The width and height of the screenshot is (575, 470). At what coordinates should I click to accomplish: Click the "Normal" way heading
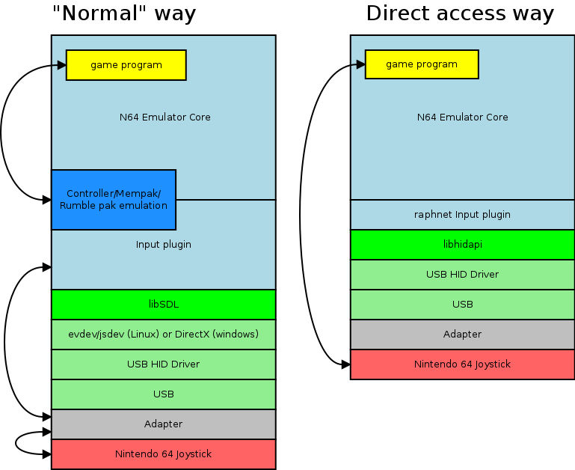(124, 13)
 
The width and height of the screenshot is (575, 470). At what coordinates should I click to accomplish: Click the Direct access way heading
(460, 13)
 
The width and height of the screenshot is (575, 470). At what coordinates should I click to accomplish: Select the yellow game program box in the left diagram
(126, 65)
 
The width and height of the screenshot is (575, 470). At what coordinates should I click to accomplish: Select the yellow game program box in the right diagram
(422, 64)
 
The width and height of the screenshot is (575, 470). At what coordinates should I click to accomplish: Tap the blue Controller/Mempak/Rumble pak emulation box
(114, 199)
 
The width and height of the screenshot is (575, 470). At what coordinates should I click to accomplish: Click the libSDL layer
(163, 305)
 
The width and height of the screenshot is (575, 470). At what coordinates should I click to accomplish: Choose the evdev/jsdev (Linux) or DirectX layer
(163, 334)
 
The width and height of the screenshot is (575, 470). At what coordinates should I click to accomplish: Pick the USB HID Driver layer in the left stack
(163, 364)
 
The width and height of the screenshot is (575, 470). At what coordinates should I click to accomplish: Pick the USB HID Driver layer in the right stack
(462, 274)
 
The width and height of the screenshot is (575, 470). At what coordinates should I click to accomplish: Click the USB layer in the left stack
(163, 394)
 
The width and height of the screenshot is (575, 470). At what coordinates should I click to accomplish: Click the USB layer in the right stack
(462, 304)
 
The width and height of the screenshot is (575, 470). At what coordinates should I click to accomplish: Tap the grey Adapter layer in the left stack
(163, 424)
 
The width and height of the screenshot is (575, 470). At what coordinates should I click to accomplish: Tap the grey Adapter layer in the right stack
(462, 334)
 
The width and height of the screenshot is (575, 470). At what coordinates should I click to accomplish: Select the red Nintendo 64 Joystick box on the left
(163, 454)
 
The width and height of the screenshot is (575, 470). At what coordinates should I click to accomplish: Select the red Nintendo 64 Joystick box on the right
(462, 364)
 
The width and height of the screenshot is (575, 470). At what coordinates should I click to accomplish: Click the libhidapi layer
(462, 244)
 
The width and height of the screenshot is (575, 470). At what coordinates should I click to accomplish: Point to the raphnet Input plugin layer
(462, 215)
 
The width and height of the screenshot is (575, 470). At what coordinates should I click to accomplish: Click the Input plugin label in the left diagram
(163, 245)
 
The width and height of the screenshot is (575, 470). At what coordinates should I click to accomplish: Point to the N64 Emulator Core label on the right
(462, 117)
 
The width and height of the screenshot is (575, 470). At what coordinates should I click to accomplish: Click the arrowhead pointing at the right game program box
(360, 65)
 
